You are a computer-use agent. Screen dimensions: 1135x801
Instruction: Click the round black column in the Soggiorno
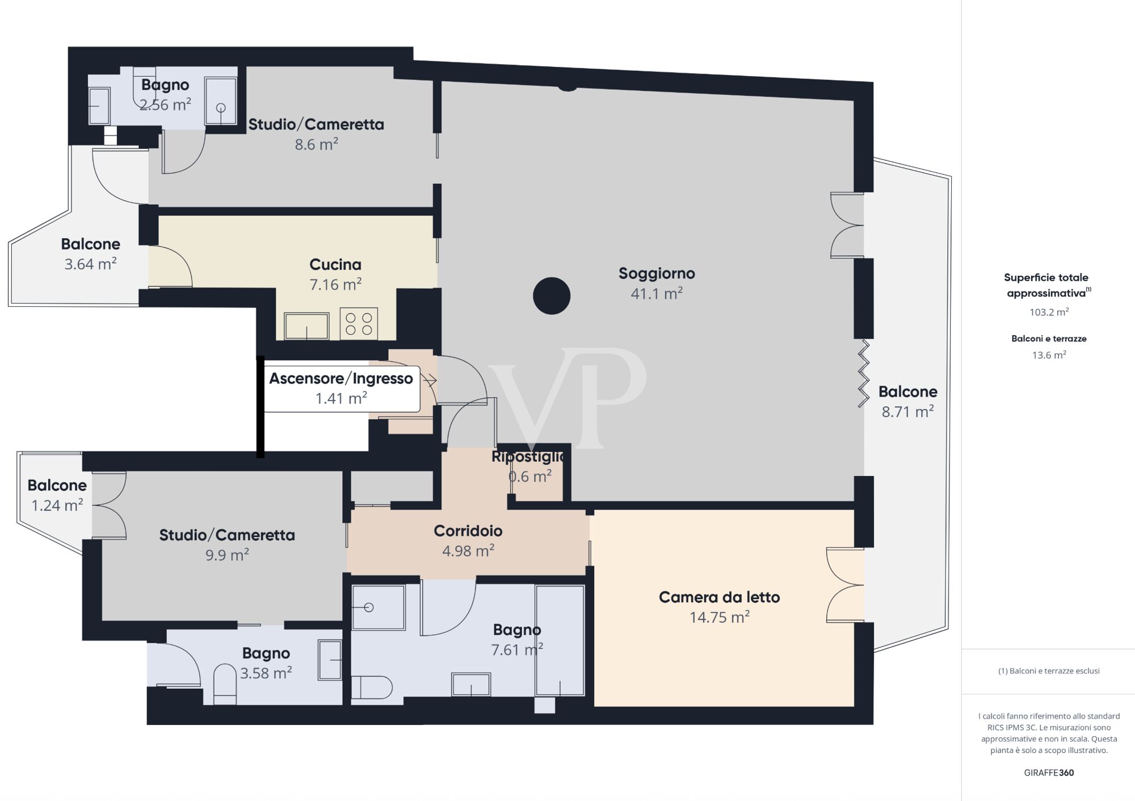(552, 296)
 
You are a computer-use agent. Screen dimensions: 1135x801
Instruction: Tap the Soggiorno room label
(657, 273)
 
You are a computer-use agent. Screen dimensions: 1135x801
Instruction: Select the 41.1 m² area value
(657, 293)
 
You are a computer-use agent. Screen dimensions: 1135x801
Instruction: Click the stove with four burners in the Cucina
(359, 324)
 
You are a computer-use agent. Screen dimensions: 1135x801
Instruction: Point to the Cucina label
(335, 264)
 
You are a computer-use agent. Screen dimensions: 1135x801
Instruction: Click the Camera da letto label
(719, 597)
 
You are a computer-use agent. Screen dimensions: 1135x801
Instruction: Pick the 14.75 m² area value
(719, 617)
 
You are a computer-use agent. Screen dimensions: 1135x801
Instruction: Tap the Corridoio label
(468, 531)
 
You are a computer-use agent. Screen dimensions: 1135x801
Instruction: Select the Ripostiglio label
(529, 457)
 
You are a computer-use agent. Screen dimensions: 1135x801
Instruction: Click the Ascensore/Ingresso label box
(341, 389)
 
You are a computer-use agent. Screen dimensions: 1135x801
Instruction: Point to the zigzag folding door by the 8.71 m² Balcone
(863, 373)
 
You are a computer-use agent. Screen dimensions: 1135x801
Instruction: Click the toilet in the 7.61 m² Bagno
(372, 687)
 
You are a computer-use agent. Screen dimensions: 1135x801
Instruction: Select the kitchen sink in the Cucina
(306, 326)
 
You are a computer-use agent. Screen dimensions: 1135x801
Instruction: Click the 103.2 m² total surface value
(1049, 312)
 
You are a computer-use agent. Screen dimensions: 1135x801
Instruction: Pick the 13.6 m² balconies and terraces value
(1049, 355)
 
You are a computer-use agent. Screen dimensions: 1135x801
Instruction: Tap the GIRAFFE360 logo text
(1049, 773)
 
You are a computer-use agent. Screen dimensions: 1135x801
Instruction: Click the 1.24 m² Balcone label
(57, 495)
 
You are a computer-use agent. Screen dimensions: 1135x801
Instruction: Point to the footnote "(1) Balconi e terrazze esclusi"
(1049, 671)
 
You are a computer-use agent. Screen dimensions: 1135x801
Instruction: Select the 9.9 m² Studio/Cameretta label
(227, 545)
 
